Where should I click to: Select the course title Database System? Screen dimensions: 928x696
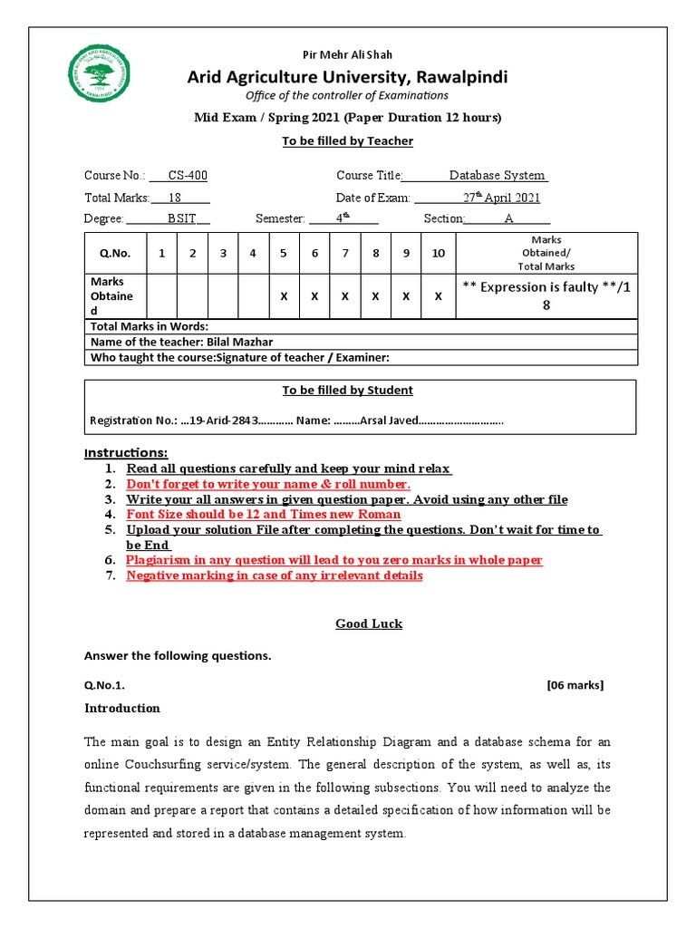coord(498,176)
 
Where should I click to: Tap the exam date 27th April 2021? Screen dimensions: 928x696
coord(501,198)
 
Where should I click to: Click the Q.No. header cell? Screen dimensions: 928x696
coord(115,253)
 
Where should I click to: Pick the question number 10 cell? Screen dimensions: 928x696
coord(438,253)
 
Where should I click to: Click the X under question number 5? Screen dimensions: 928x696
coord(284,296)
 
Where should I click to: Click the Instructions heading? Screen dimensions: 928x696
coord(126,452)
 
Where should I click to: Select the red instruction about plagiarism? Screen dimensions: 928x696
coord(334,560)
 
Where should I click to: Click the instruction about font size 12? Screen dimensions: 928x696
coord(263,514)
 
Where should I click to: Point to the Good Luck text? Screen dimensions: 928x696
coord(369,623)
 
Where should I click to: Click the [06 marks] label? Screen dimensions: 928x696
coord(575,685)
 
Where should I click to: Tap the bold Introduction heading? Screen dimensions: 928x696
coord(122,709)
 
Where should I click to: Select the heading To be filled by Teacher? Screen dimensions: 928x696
coord(347,141)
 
